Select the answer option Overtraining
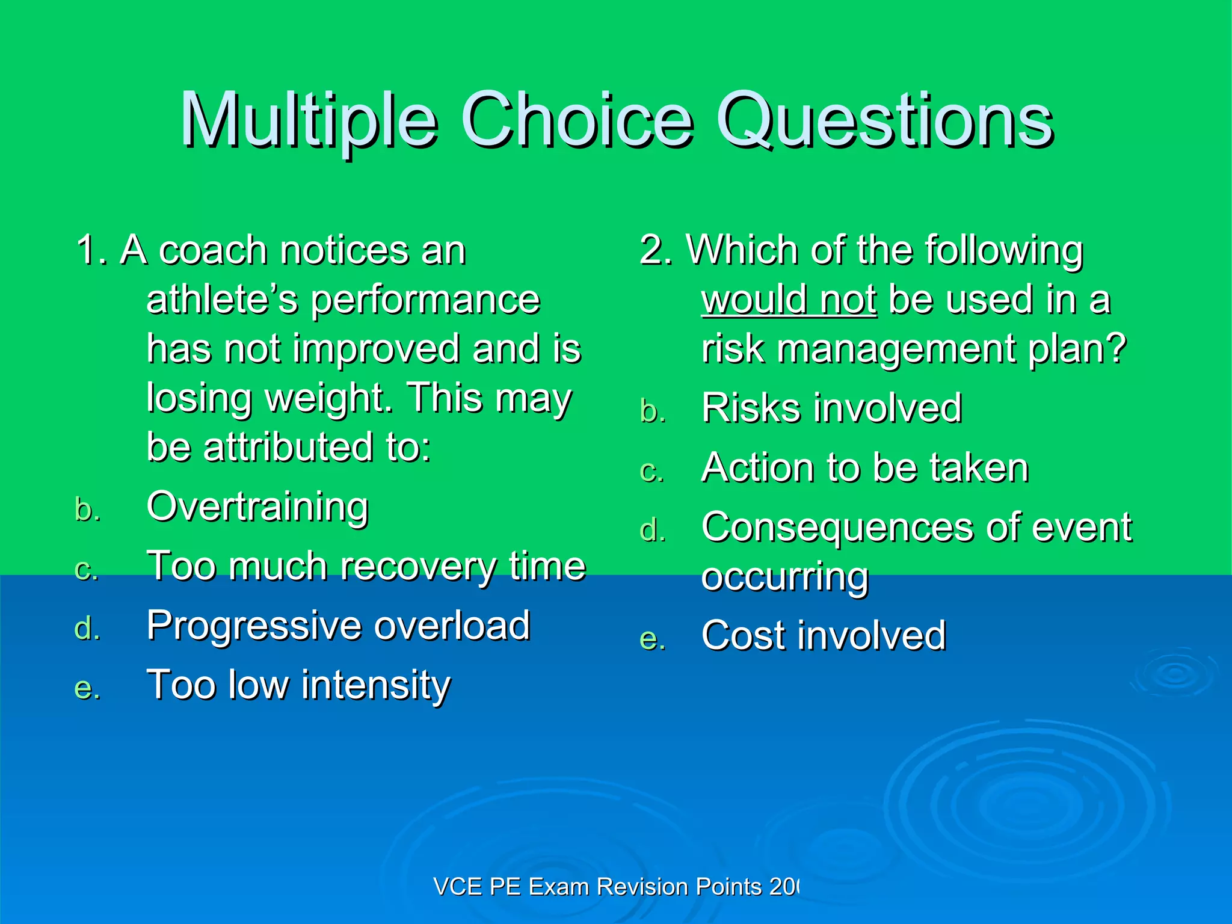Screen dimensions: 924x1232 point(257,507)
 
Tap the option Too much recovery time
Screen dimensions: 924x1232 point(366,566)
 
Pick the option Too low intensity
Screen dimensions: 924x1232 point(298,685)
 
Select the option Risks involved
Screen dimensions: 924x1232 point(831,408)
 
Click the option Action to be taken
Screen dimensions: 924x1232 point(864,467)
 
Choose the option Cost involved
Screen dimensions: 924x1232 point(824,635)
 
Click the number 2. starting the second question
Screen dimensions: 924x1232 point(655,250)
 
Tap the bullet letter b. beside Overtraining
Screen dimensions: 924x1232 point(87,510)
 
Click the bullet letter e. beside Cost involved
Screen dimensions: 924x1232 point(653,639)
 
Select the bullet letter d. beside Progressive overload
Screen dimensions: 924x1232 point(87,629)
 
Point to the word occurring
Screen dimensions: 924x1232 point(784,577)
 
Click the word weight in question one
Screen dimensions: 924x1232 point(324,398)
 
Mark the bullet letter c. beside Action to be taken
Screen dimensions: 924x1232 point(652,471)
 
